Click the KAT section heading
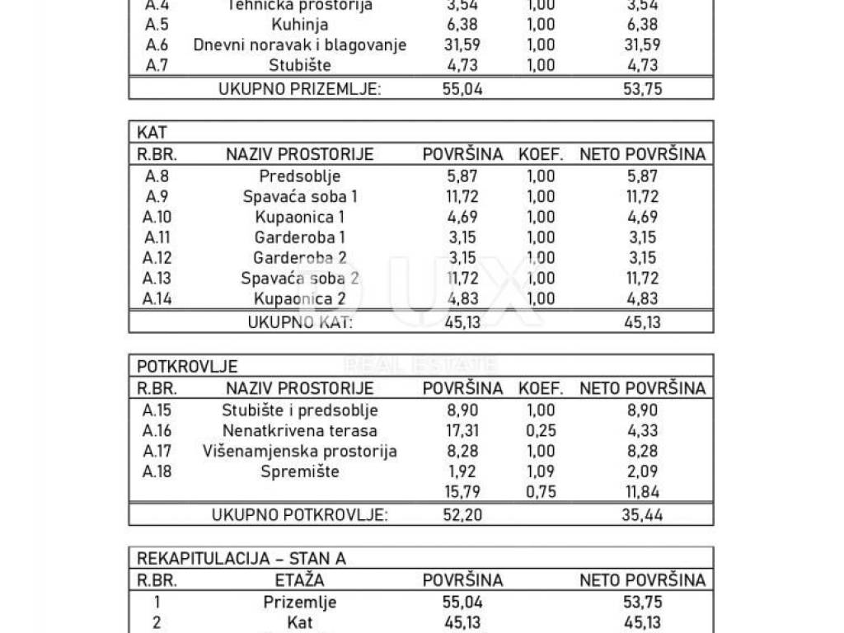pos(152,132)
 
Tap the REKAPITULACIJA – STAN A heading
pos(241,558)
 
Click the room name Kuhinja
pos(299,25)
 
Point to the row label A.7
pos(157,66)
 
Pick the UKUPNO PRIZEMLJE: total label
pos(300,89)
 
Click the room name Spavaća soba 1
pos(300,196)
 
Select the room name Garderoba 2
pos(300,258)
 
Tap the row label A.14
pos(157,299)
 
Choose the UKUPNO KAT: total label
pos(300,322)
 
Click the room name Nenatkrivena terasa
pos(300,430)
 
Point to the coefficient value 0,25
pos(541,430)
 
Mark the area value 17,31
pos(462,430)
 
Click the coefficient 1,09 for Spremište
pos(541,472)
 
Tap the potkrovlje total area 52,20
pos(462,515)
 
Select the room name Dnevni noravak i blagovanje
pos(300,45)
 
